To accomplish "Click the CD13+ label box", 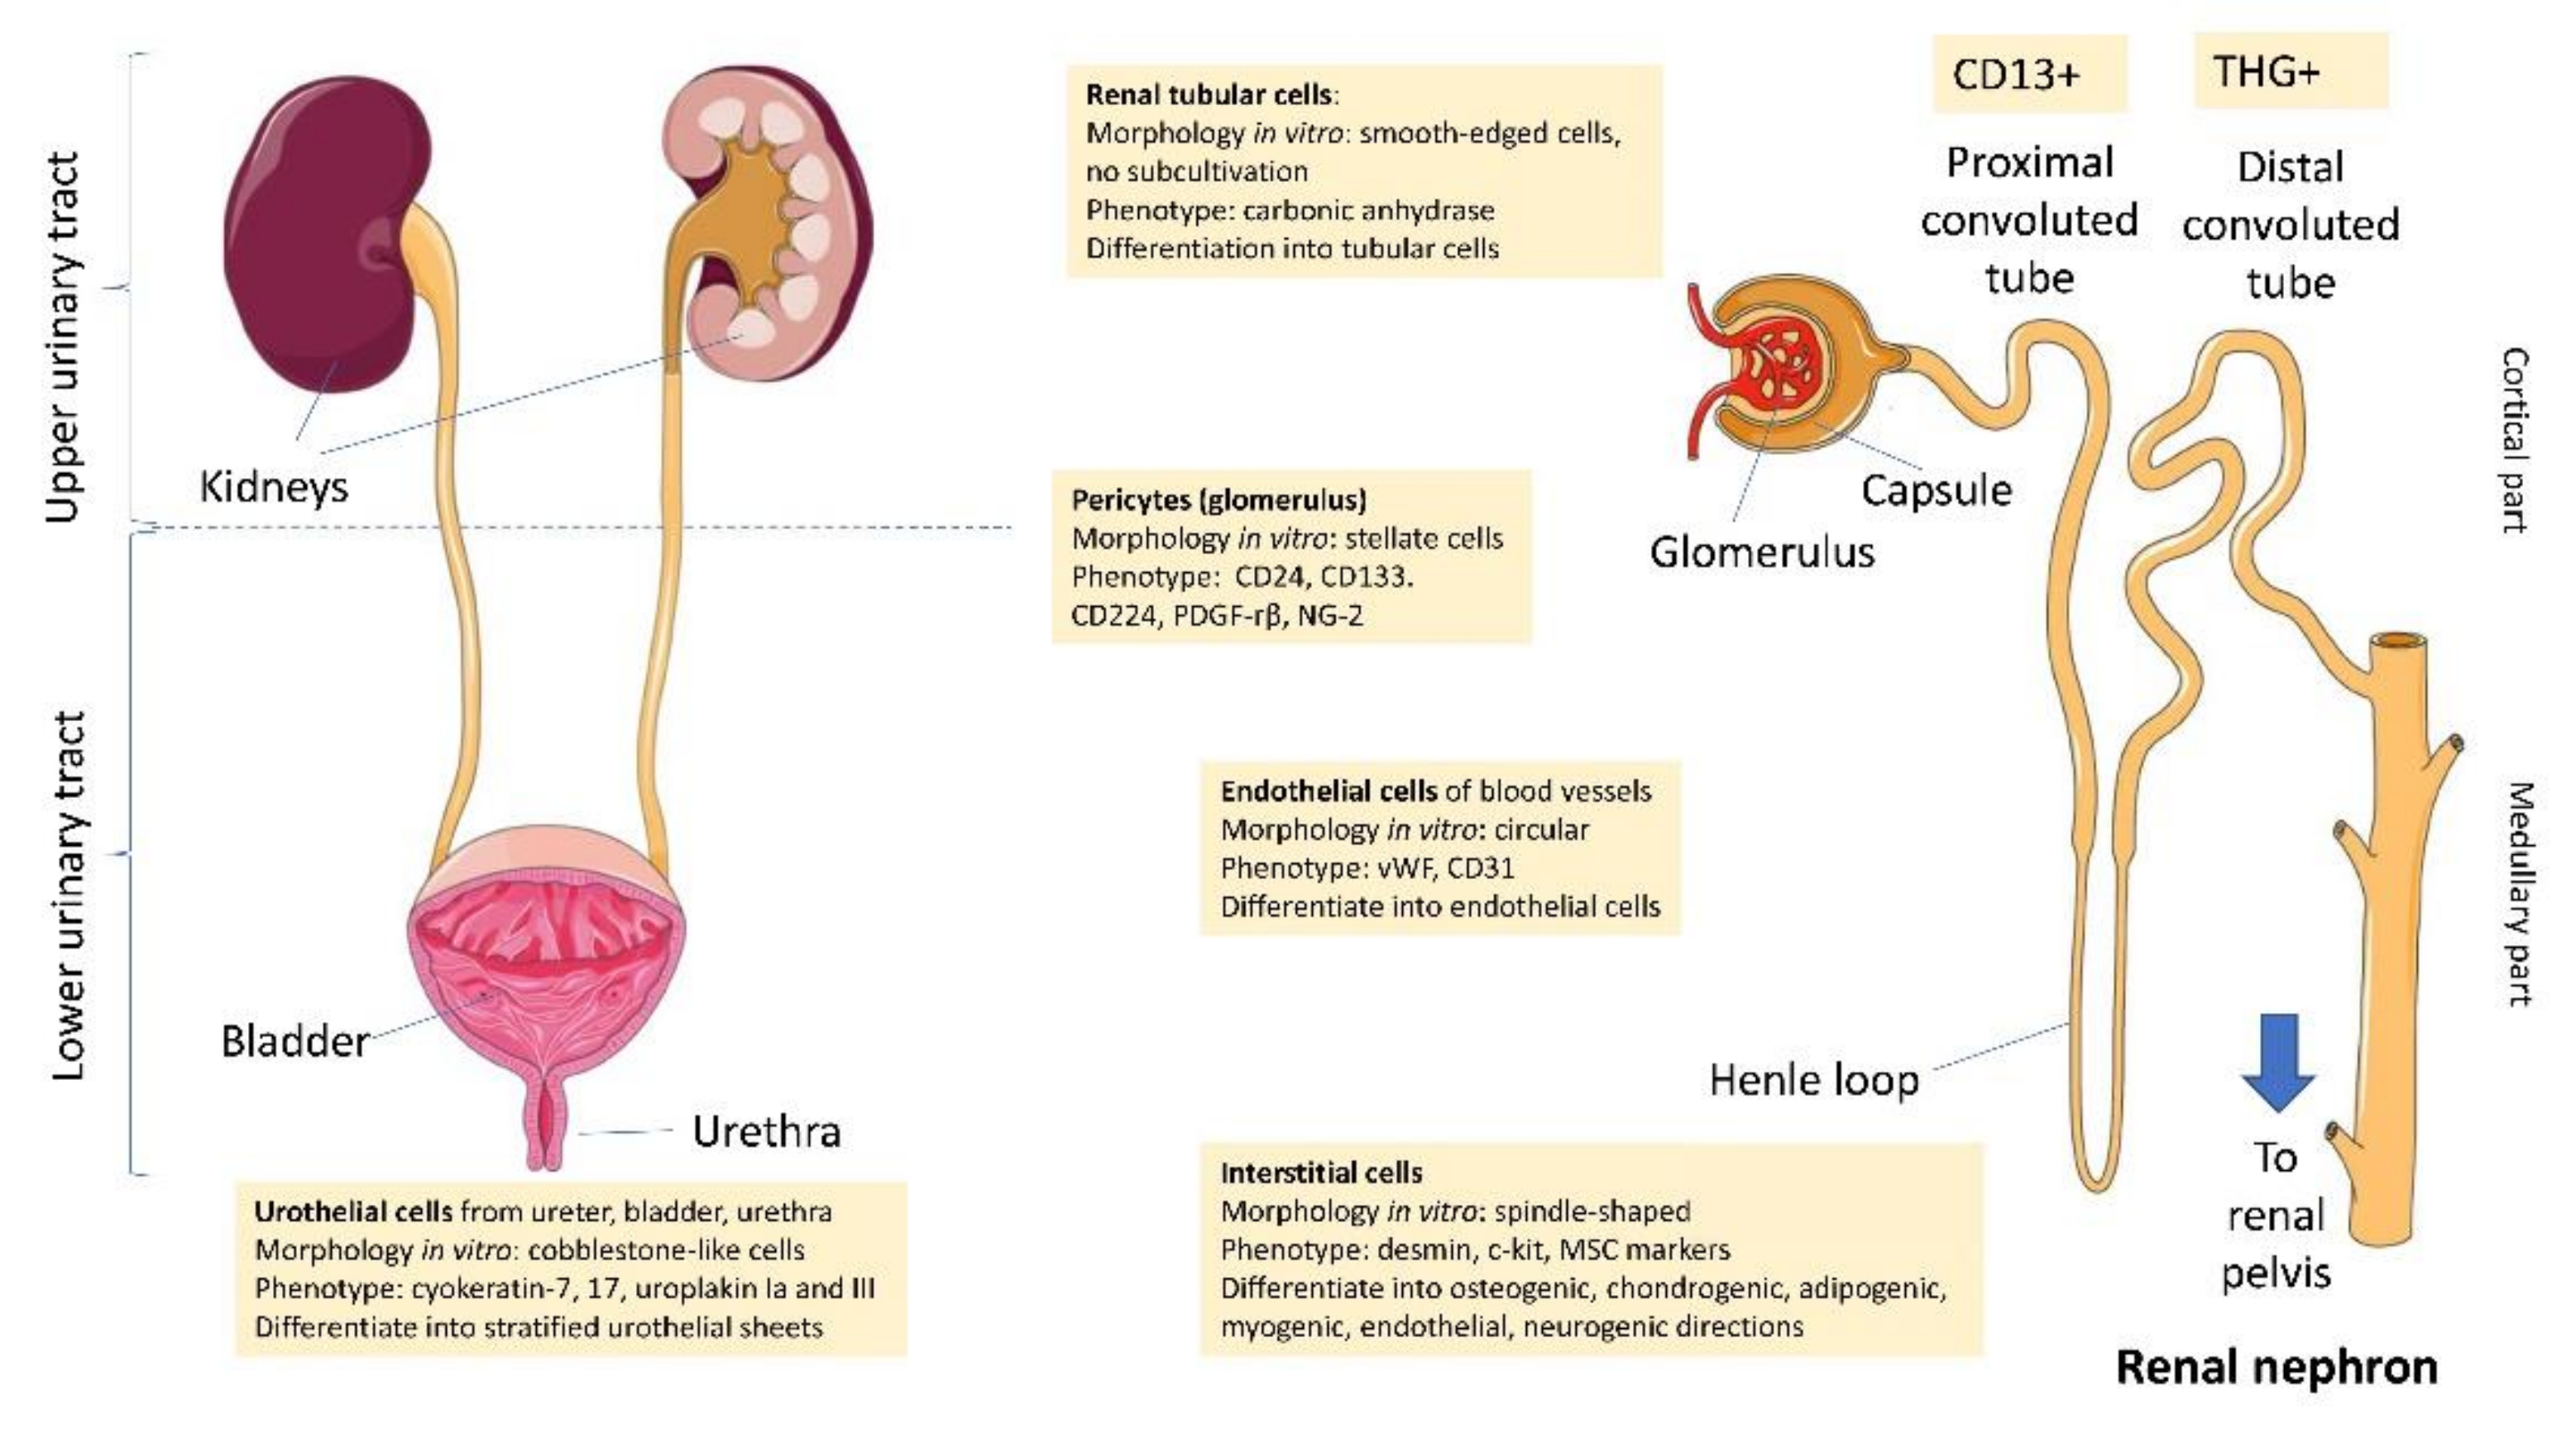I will click(2028, 74).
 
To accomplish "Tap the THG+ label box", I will click(2290, 71).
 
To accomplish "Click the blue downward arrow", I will click(2277, 1063).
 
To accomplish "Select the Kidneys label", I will click(274, 487).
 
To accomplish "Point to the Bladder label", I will click(294, 1042).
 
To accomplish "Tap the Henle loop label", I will click(1813, 1080).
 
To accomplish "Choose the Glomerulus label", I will click(1762, 552).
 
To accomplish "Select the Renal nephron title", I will click(2276, 1367).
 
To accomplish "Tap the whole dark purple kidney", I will click(319, 235).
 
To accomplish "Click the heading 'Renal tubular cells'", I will click(1209, 95).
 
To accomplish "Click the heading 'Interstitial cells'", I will click(1320, 1173).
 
